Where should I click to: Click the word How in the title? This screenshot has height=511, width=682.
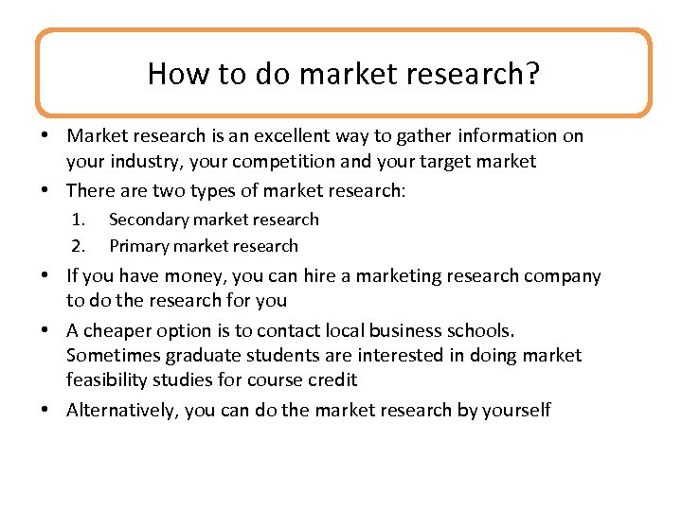(171, 74)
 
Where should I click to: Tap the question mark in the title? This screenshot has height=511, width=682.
(533, 74)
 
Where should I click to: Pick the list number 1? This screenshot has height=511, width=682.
(79, 220)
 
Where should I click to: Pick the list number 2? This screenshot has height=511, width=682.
(79, 246)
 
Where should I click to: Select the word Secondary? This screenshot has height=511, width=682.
(150, 220)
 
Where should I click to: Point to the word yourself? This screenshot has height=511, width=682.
(516, 410)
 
